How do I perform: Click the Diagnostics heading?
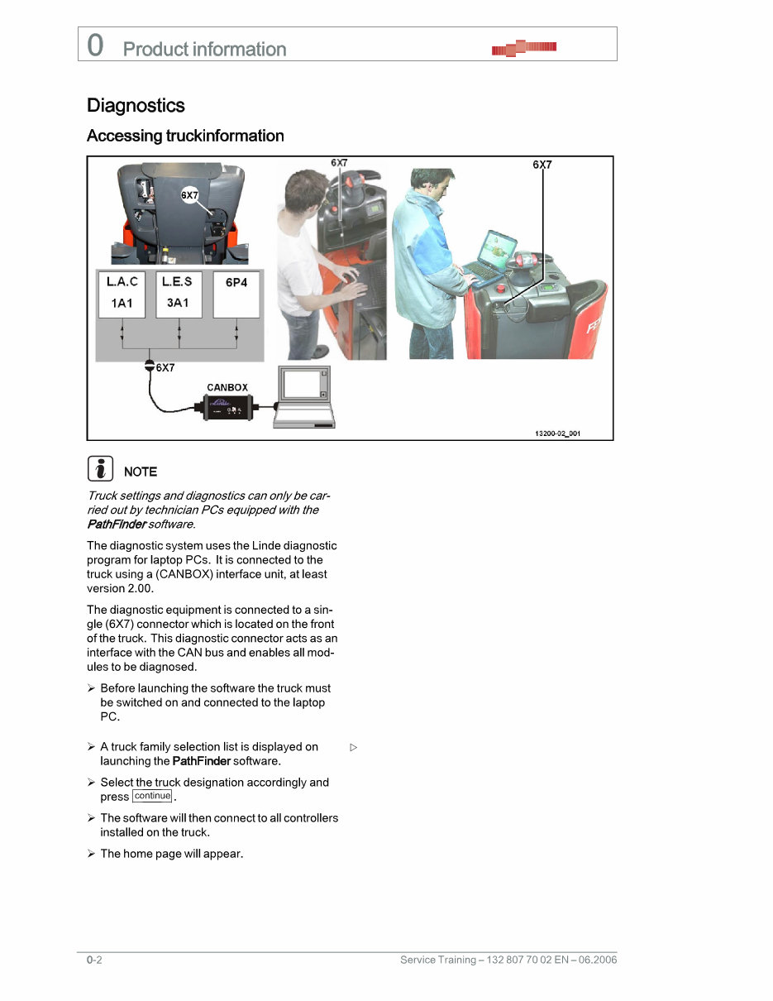[x=136, y=106]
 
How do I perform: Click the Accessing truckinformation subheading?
[x=185, y=136]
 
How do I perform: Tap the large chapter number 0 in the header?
[x=96, y=45]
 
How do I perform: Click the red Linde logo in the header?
[x=524, y=48]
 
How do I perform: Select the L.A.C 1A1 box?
[x=122, y=293]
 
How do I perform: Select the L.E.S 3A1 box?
[x=178, y=293]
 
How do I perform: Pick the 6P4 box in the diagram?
[x=236, y=293]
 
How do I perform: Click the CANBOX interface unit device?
[x=228, y=408]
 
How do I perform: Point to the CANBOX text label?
[x=227, y=387]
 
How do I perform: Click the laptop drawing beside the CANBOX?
[x=304, y=397]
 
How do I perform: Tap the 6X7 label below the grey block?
[x=165, y=367]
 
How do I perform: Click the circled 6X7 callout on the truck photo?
[x=189, y=195]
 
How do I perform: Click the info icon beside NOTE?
[x=100, y=470]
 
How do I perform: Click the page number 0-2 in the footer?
[x=93, y=960]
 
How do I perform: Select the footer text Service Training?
[x=437, y=960]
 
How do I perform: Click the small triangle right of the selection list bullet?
[x=353, y=747]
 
